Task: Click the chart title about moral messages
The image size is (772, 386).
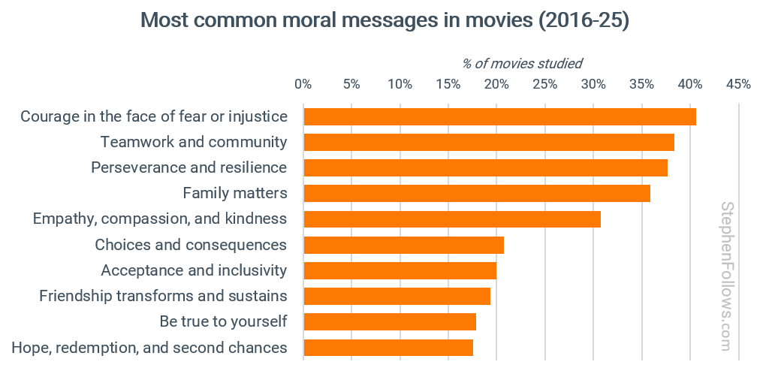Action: coord(384,20)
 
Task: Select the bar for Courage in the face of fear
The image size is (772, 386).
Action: coord(499,116)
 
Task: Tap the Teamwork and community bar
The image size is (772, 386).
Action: coord(489,142)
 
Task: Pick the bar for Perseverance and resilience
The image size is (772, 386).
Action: coord(485,167)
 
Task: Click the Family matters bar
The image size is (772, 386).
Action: coord(477,193)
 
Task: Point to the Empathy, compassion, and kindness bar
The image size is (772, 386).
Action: coord(452,219)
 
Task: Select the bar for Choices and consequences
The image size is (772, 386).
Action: coord(403,245)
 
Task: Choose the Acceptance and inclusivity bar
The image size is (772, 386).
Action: coord(400,270)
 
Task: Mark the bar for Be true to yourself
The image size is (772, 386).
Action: coord(390,321)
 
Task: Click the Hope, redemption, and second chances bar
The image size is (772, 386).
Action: coord(388,347)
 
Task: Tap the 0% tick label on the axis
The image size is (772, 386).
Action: coord(303,84)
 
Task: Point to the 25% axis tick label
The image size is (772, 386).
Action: coord(545,84)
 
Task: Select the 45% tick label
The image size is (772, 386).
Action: coord(738,84)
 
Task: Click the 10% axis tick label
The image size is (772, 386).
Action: coord(400,84)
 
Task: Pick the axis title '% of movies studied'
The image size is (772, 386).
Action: coord(522,63)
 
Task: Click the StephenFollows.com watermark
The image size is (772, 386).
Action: coord(726,276)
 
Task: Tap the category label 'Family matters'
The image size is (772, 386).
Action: coord(235,193)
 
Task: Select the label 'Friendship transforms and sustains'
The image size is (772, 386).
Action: coord(163,296)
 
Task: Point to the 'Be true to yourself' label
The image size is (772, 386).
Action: coord(223,321)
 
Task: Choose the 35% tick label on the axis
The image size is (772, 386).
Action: coord(641,84)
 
